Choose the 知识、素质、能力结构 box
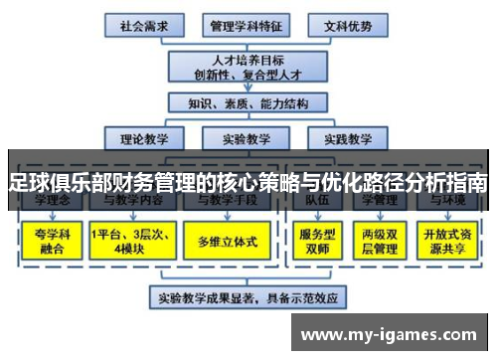[x=244, y=102]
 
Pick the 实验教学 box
[x=244, y=138]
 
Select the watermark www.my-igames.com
[x=393, y=334]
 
